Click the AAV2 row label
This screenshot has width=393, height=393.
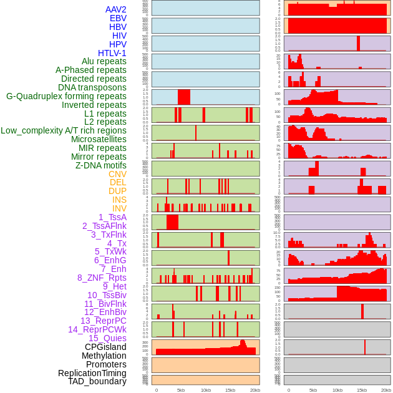tap(116, 10)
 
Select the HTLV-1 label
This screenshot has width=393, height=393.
tap(112, 53)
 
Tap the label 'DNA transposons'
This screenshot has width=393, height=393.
tap(92, 88)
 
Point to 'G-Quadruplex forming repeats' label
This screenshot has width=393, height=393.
tap(66, 96)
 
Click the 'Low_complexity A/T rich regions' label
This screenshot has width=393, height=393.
tap(64, 130)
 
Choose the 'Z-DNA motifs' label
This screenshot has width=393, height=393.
tap(100, 165)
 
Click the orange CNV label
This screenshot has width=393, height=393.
tap(117, 174)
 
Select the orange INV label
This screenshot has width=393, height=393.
tap(119, 208)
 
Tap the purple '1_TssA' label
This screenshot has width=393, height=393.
tap(112, 217)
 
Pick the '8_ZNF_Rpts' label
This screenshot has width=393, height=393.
tap(102, 278)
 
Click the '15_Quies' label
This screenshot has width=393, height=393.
tap(107, 338)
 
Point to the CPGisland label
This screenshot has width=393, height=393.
tap(105, 347)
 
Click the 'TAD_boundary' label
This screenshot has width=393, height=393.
tap(97, 381)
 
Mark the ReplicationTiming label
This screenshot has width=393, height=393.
tap(92, 373)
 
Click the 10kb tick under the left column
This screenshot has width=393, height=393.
tap(205, 390)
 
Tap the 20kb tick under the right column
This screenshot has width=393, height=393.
tap(386, 390)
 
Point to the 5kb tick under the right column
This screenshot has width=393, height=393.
tap(313, 390)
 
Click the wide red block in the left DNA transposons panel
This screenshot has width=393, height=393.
tap(184, 97)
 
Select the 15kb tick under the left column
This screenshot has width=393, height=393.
tap(230, 390)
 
